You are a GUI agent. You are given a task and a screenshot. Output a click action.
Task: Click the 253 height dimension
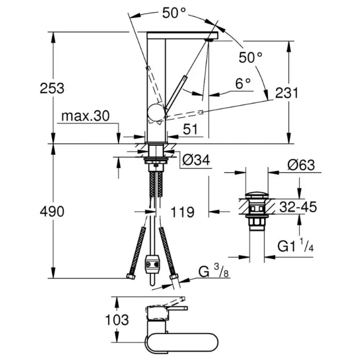52,89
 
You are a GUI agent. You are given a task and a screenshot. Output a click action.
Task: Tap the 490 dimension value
52,212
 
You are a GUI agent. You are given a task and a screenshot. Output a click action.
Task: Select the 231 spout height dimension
287,93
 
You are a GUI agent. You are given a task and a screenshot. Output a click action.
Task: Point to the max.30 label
85,116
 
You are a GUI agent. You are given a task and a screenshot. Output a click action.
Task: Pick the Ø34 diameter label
196,160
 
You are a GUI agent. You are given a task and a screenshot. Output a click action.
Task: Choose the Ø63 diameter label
301,165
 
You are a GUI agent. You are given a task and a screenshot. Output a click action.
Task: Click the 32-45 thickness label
298,207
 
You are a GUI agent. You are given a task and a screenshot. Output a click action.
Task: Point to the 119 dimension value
183,212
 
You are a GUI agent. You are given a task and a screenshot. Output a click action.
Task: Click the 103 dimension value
117,320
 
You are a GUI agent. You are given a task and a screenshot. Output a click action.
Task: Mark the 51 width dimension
190,129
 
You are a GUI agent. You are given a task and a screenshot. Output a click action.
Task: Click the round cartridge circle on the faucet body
156,112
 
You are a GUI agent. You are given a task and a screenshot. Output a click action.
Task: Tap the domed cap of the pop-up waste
257,195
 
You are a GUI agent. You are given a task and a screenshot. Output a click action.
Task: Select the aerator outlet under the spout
209,40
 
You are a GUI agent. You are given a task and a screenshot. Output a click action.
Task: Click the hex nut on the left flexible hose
131,276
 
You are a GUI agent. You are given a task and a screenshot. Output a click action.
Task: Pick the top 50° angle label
174,13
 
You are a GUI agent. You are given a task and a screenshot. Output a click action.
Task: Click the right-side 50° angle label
250,57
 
